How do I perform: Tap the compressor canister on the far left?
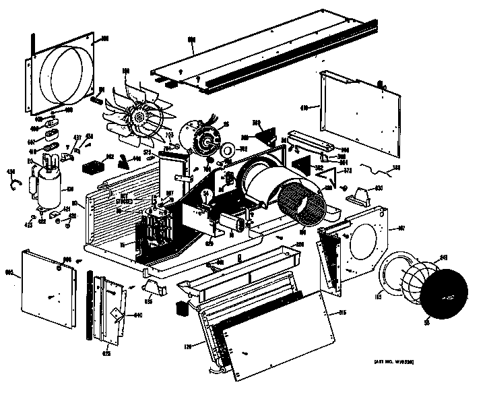[x=48, y=187]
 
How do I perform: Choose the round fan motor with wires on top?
[x=202, y=138]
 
